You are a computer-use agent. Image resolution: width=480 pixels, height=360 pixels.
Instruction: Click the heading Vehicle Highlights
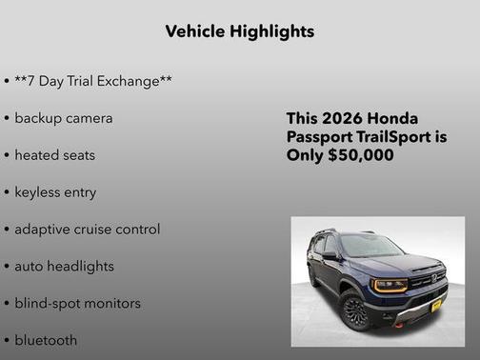coord(239,31)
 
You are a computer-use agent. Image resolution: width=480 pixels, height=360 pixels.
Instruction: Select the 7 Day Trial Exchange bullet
coord(92,81)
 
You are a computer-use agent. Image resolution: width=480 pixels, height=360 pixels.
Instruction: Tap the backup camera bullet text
coord(63,118)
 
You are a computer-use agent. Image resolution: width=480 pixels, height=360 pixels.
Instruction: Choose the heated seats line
coord(54,155)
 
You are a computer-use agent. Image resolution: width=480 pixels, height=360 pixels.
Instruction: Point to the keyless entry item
coord(55,192)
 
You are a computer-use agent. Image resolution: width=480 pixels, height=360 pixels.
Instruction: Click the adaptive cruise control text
coord(87,230)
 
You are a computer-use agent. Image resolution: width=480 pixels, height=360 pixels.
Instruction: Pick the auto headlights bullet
coord(64,267)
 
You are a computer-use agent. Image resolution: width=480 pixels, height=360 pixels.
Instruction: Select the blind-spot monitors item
coord(77,304)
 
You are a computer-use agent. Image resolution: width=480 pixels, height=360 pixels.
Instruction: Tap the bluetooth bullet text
coord(46,340)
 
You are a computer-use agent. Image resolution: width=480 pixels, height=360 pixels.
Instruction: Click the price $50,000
coord(361,155)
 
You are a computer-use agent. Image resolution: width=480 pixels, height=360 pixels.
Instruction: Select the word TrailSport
coord(390,137)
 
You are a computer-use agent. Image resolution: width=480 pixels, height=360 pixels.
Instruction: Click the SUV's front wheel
coord(355,310)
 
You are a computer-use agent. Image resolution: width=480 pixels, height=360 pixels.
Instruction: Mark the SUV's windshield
coord(370,247)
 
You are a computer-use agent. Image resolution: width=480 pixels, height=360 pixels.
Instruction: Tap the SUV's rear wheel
coord(313,277)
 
